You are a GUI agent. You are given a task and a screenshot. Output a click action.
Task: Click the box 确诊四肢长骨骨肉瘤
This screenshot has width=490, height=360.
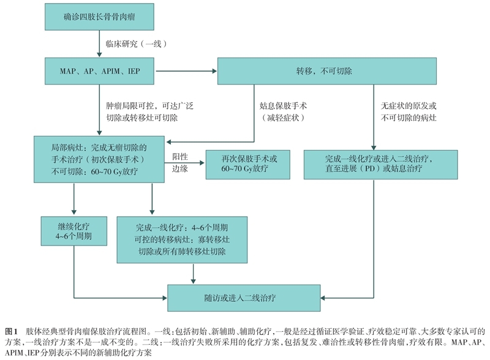pyautogui.click(x=100, y=18)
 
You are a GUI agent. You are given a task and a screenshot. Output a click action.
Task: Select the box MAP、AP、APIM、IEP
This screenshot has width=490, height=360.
pyautogui.click(x=100, y=72)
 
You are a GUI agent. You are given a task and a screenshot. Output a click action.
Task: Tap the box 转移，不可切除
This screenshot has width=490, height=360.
pyautogui.click(x=320, y=72)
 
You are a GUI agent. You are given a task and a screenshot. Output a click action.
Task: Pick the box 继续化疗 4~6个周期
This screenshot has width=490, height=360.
pyautogui.click(x=73, y=231)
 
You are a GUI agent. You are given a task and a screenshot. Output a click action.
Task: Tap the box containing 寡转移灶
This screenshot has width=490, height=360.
pyautogui.click(x=182, y=239)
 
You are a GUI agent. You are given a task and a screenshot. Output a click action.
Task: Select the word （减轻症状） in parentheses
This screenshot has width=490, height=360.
pyautogui.click(x=282, y=117)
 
